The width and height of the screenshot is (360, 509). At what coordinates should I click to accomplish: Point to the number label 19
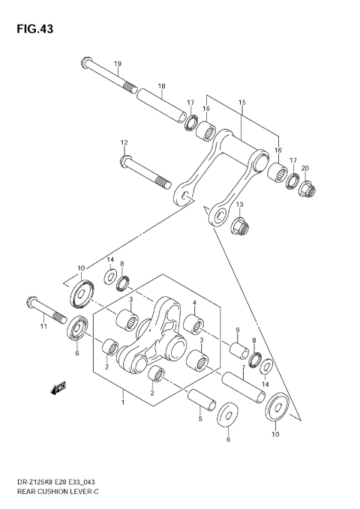pyautogui.click(x=118, y=63)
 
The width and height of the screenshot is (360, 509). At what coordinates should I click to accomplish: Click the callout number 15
pyautogui.click(x=241, y=102)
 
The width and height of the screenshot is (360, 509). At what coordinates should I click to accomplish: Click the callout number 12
pyautogui.click(x=124, y=142)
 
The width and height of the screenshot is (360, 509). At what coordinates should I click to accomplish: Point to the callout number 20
pyautogui.click(x=304, y=168)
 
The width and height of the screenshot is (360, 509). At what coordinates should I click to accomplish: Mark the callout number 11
pyautogui.click(x=43, y=326)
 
